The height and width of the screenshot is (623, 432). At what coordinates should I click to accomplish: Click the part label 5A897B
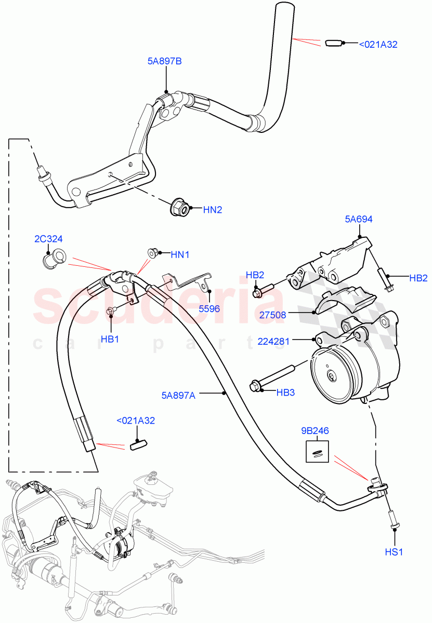[x=164, y=61]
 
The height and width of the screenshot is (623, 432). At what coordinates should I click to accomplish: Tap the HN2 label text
[x=213, y=210]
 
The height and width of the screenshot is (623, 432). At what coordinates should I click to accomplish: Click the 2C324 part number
[x=48, y=239]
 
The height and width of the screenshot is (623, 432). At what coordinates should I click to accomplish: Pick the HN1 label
[x=180, y=254]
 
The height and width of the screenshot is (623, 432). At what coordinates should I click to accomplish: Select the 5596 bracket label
[x=209, y=308]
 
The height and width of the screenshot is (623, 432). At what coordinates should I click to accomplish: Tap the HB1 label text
[x=110, y=339]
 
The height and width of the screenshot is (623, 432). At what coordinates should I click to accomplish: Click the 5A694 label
[x=359, y=220]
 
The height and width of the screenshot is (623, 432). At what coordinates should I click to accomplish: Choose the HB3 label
[x=285, y=392]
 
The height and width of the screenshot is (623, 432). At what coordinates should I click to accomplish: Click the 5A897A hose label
[x=178, y=395]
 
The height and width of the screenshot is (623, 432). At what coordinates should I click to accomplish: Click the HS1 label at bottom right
[x=394, y=552]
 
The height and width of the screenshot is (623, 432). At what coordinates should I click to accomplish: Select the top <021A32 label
[x=378, y=45]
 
